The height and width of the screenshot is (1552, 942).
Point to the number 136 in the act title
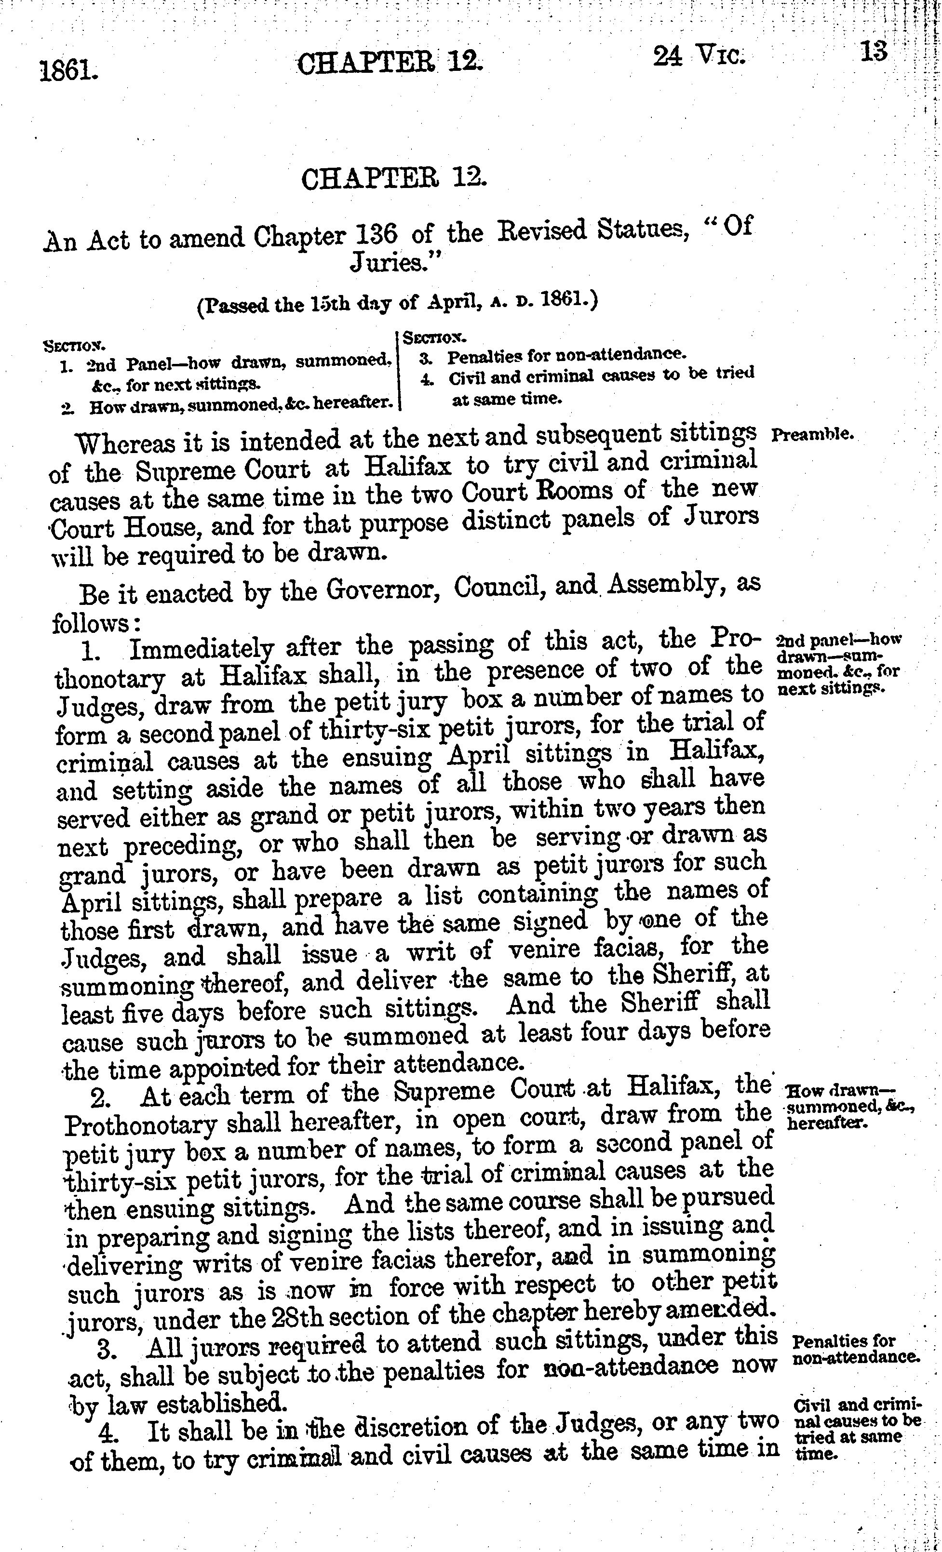coord(376,235)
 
